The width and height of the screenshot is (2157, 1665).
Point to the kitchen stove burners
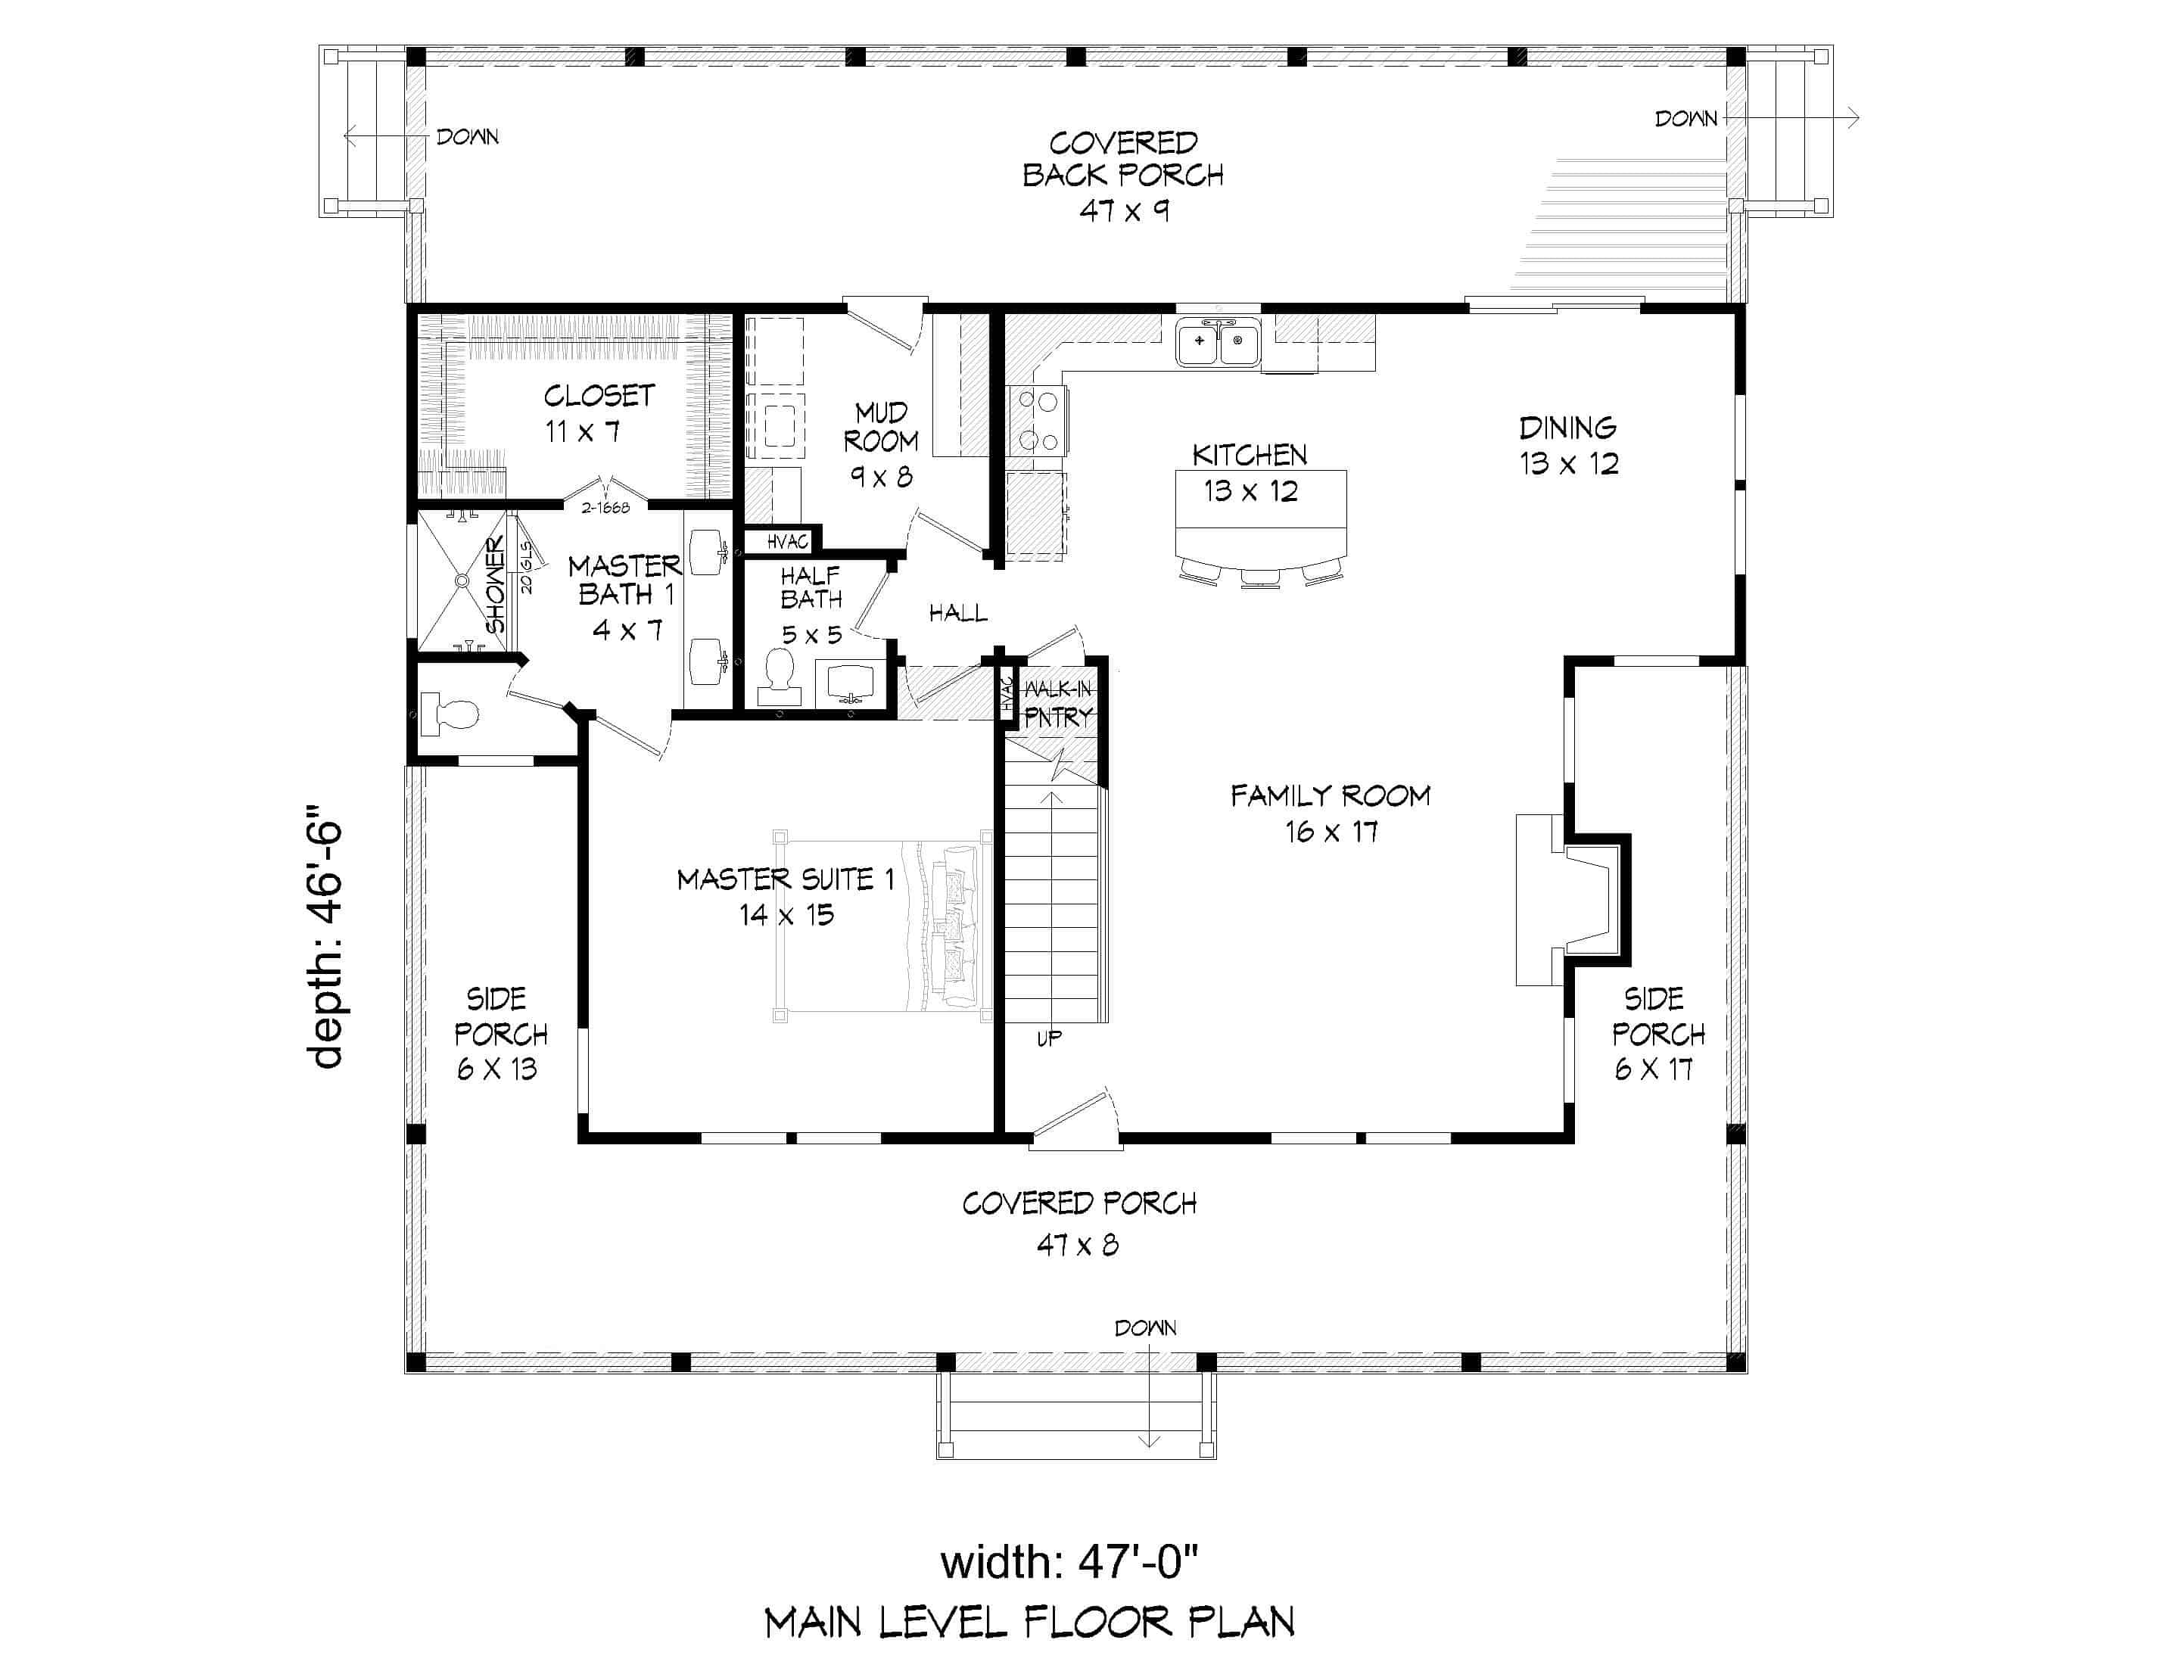pos(1037,420)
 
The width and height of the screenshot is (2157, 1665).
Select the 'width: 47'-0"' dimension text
pos(1069,1562)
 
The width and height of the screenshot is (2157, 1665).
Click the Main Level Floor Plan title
pos(1029,1623)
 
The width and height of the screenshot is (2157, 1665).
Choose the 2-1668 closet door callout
pos(605,508)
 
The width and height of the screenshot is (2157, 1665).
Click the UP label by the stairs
pos(1049,1038)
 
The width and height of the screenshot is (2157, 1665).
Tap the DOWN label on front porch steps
pos(1146,1328)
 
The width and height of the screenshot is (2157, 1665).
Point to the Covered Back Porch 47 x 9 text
pos(1123,176)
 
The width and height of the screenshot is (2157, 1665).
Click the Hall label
pos(957,613)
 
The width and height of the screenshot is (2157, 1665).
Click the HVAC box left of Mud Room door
pos(787,541)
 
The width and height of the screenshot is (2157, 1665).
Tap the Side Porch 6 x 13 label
pos(499,1033)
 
